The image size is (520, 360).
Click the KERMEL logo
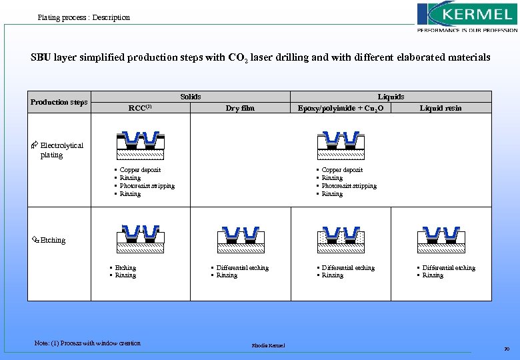tap(467, 17)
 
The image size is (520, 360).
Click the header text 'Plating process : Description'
tap(84, 17)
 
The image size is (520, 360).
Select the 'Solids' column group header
tap(191, 97)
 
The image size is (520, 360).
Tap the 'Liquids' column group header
tap(391, 97)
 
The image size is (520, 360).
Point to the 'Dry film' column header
tap(240, 107)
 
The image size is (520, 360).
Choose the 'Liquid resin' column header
tap(441, 107)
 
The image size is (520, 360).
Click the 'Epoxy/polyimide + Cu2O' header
tap(340, 107)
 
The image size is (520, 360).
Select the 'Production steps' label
tap(59, 102)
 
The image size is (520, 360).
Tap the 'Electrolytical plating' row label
tap(61, 150)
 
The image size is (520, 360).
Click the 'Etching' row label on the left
tap(53, 240)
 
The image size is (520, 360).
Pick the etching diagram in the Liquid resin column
tap(441, 237)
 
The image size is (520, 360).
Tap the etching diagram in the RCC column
tap(140, 237)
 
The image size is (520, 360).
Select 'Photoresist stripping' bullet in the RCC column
tap(147, 186)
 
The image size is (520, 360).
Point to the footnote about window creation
tap(87, 343)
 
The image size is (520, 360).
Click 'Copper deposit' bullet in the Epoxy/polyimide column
tap(342, 170)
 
